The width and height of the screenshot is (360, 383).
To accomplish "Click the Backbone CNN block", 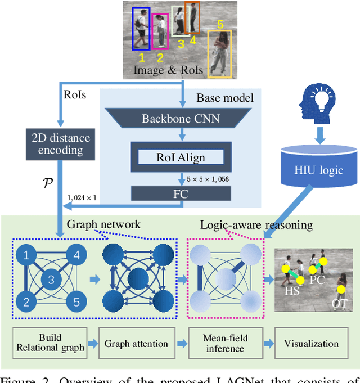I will click(x=181, y=119).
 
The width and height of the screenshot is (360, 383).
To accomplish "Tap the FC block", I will click(x=181, y=193).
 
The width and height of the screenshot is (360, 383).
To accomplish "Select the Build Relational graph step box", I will click(x=51, y=343).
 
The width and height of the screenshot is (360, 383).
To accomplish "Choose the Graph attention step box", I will click(x=136, y=343).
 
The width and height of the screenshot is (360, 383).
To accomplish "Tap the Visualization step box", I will click(x=311, y=343).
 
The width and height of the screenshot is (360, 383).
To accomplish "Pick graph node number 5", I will click(x=76, y=303).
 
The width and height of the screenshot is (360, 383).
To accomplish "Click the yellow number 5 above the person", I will click(x=220, y=24).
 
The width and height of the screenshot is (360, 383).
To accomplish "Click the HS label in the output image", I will click(x=291, y=292).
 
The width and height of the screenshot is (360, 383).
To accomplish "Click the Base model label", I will click(x=225, y=98).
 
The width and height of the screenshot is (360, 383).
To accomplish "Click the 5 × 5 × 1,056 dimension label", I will click(x=211, y=178).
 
